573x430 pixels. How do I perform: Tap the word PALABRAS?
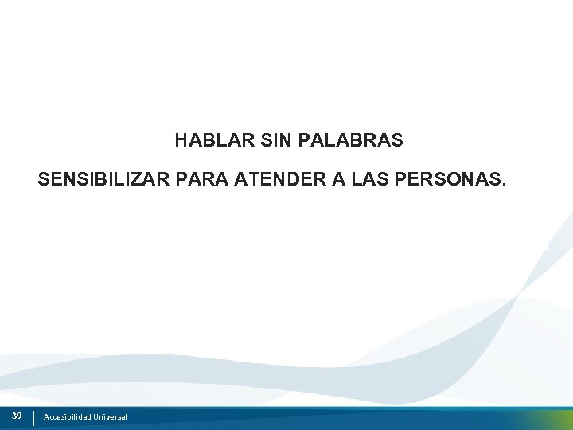351,141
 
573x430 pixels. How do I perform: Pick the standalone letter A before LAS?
338,180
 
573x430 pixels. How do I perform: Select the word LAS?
368,180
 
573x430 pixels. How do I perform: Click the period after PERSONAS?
502,185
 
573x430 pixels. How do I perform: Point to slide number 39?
17,416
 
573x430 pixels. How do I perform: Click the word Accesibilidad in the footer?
68,417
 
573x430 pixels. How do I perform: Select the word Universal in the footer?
110,417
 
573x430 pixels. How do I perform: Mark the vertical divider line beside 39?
33,417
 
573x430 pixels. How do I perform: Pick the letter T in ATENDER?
251,180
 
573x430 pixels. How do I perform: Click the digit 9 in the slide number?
19,416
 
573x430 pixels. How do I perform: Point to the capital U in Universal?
95,417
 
